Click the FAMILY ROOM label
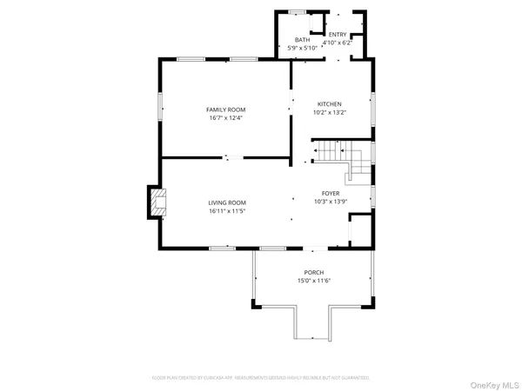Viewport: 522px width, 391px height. tap(225, 109)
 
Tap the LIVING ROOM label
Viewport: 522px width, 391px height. tap(226, 202)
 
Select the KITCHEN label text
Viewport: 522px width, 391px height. tap(329, 104)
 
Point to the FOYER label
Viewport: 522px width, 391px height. tap(331, 193)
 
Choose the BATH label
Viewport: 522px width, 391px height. tap(302, 40)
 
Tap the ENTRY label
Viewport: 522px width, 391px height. tap(337, 34)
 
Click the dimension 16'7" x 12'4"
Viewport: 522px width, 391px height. tap(225, 118)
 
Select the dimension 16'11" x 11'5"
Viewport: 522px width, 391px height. tap(226, 211)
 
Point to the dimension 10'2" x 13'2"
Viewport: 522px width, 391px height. tap(329, 113)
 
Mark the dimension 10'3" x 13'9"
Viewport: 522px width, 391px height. tap(331, 202)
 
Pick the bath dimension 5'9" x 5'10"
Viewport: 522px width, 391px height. tap(302, 48)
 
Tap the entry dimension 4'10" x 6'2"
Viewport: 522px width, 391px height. tap(337, 42)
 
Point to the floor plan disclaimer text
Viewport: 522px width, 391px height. tap(261, 378)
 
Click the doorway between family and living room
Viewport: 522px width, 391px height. tap(232, 157)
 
